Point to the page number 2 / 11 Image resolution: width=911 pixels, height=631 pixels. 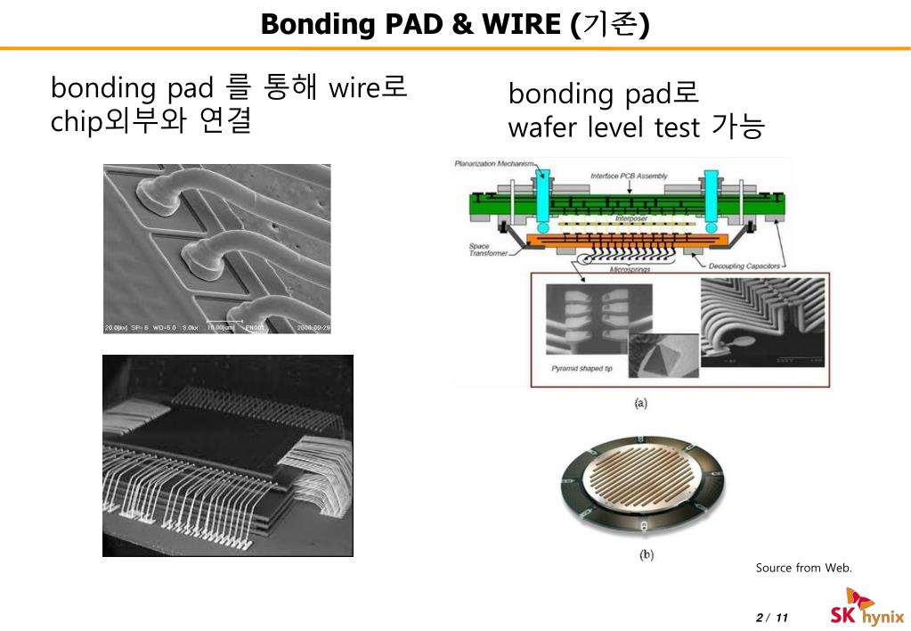pyautogui.click(x=772, y=618)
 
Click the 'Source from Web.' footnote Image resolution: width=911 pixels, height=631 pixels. pyautogui.click(x=803, y=568)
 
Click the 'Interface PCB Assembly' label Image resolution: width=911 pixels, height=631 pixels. pyautogui.click(x=628, y=176)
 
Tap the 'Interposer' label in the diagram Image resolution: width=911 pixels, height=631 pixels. pyautogui.click(x=632, y=218)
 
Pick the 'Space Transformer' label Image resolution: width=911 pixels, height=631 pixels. pyautogui.click(x=487, y=250)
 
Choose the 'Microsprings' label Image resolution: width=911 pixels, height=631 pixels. pyautogui.click(x=633, y=266)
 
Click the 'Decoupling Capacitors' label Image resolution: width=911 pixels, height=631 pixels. pyautogui.click(x=744, y=266)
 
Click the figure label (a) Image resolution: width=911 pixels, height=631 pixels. pyautogui.click(x=639, y=403)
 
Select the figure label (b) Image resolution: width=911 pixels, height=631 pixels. pyautogui.click(x=647, y=554)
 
